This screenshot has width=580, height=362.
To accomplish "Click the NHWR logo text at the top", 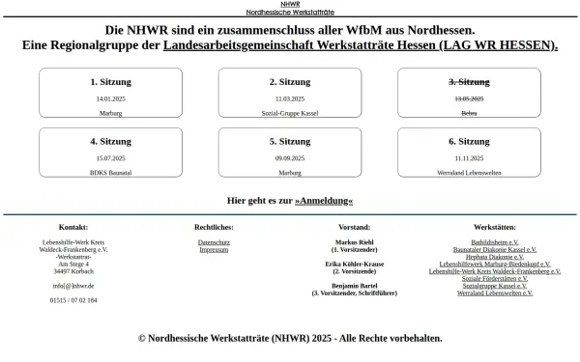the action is (x=289, y=5).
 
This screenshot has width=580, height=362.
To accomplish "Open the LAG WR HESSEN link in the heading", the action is (x=361, y=45).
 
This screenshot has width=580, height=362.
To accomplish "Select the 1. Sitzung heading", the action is (x=109, y=82).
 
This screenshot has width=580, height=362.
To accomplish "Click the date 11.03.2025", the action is (x=289, y=99).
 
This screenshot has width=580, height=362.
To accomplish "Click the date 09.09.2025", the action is (x=289, y=157).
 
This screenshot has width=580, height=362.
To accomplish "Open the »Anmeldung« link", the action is (x=324, y=200).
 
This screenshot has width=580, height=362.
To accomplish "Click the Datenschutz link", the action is (x=213, y=241).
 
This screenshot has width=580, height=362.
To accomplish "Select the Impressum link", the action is (x=213, y=249).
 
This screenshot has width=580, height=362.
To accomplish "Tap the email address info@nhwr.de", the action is (x=73, y=286).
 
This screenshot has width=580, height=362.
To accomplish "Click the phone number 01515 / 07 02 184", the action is (x=73, y=300).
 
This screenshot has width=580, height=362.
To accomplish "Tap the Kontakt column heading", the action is (x=73, y=226).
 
